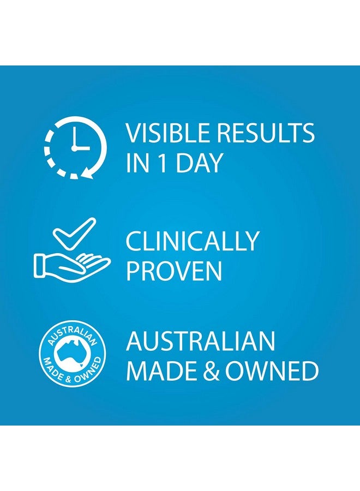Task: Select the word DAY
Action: pyautogui.click(x=199, y=163)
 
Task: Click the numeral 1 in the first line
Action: pyautogui.click(x=163, y=163)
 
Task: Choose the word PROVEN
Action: pyautogui.click(x=174, y=271)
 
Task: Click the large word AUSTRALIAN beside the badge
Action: pyautogui.click(x=200, y=341)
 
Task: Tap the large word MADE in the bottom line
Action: pyautogui.click(x=161, y=371)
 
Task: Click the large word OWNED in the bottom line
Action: pyautogui.click(x=272, y=371)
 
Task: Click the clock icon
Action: pyautogui.click(x=75, y=147)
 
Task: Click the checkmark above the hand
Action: pyautogui.click(x=74, y=233)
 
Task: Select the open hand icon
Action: pyautogui.click(x=71, y=266)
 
